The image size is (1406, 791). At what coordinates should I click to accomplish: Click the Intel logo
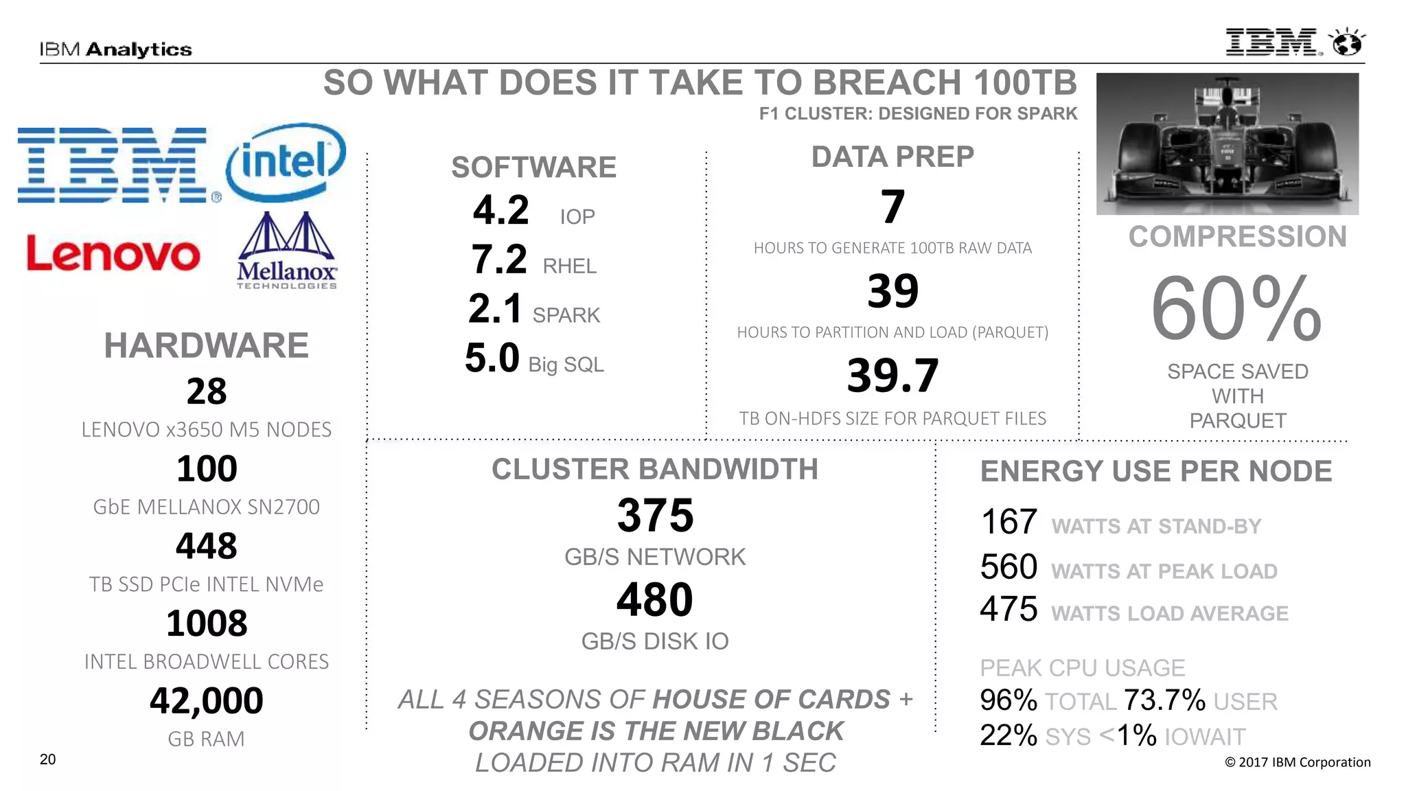(286, 162)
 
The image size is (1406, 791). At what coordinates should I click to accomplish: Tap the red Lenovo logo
(113, 254)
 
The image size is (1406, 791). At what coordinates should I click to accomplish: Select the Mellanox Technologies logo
(287, 251)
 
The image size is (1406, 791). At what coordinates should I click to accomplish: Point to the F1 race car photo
(1227, 144)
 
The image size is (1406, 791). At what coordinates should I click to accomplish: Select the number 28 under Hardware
(207, 391)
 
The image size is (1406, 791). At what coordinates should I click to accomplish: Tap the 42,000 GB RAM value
(207, 700)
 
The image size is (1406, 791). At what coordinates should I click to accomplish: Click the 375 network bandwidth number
(655, 515)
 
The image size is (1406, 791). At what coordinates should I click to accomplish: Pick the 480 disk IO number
(655, 599)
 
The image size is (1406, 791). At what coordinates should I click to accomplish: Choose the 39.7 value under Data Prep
(892, 376)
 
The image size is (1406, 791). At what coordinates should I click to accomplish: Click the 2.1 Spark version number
(495, 308)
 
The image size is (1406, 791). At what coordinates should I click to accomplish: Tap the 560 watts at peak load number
(1009, 567)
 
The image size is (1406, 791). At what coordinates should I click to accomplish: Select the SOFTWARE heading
(533, 168)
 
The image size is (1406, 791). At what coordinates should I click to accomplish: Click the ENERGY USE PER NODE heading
(1156, 472)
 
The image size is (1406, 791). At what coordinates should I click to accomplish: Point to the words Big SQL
(566, 365)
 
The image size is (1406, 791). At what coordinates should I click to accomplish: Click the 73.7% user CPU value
(1164, 700)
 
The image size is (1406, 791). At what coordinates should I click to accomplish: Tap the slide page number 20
(47, 759)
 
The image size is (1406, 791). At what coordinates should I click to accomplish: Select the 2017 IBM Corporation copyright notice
(1298, 762)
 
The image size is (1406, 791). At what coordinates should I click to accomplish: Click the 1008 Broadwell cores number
(207, 623)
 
